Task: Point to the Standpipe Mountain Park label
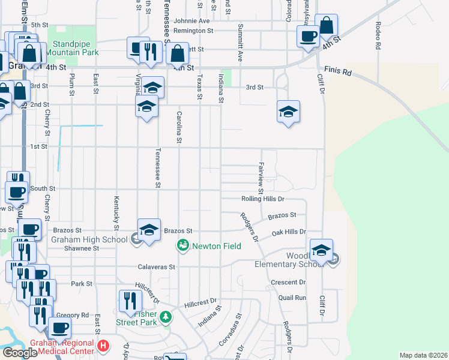(x=76, y=48)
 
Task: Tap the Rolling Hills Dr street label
(x=262, y=199)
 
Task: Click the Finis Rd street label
(x=337, y=71)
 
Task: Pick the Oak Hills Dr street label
(x=289, y=232)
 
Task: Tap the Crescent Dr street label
(x=288, y=282)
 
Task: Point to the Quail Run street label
(x=293, y=297)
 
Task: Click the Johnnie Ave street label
(x=191, y=20)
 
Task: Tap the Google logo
(x=20, y=352)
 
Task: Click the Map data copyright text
(x=423, y=355)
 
